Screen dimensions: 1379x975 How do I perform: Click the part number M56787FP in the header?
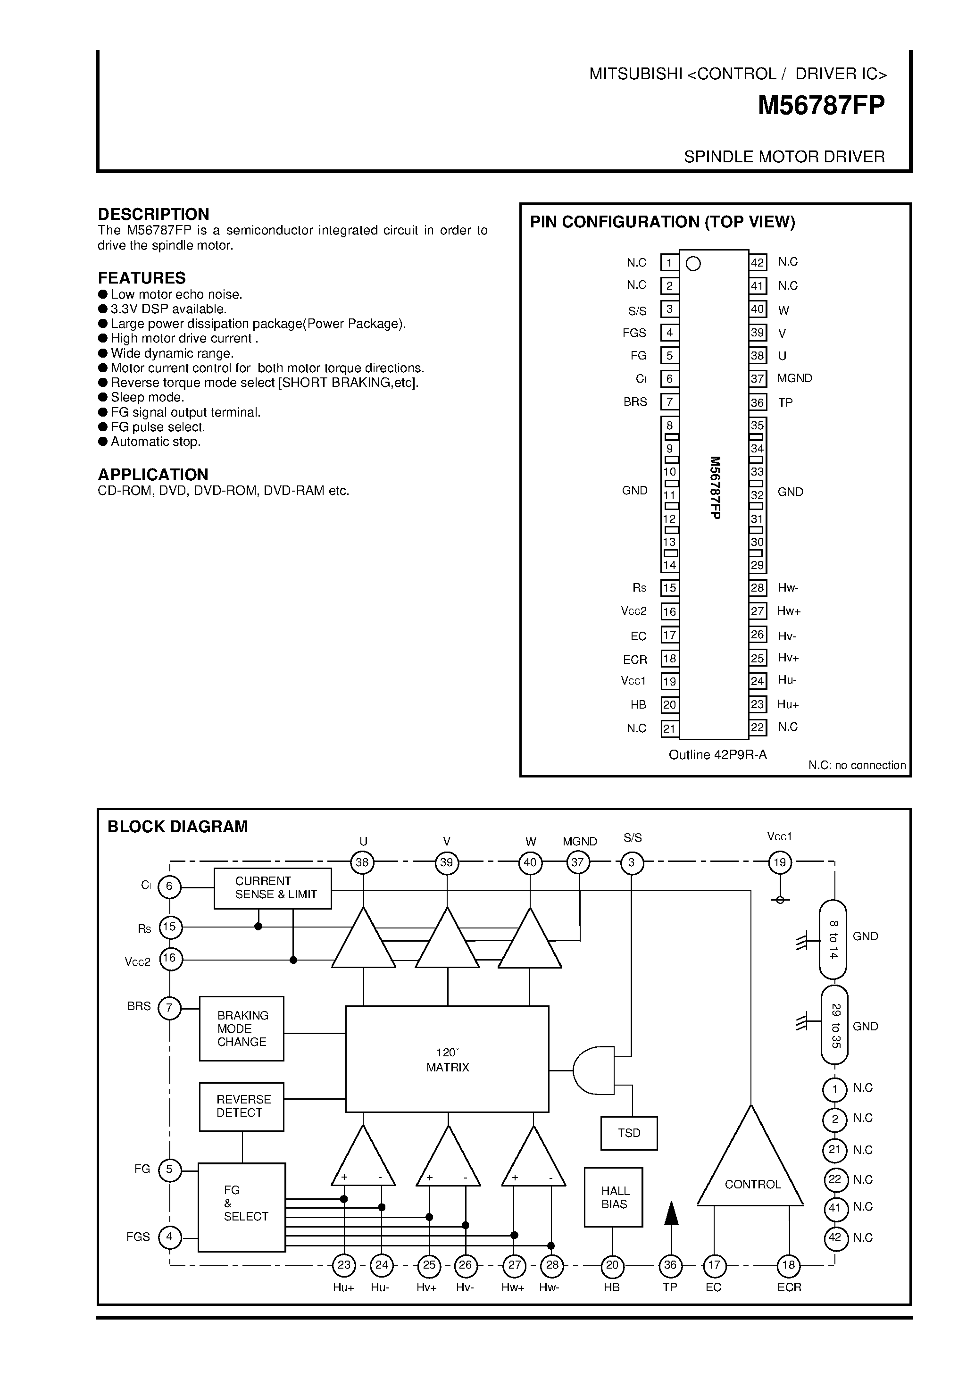click(x=820, y=106)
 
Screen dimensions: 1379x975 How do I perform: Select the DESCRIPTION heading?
click(x=153, y=214)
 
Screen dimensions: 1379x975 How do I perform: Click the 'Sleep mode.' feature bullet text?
click(x=147, y=398)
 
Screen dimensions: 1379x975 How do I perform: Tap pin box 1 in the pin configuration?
click(x=669, y=262)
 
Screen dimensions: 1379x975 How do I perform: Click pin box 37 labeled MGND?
click(x=757, y=379)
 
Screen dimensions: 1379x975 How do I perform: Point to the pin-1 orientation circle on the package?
click(x=693, y=264)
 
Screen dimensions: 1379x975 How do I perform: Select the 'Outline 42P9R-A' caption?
click(x=717, y=755)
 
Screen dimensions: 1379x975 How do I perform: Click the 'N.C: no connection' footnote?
click(x=856, y=765)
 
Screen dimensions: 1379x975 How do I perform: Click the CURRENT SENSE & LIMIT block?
click(x=273, y=888)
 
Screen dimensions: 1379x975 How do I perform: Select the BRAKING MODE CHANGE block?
click(x=242, y=1029)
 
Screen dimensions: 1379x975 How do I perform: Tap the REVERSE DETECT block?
click(x=242, y=1106)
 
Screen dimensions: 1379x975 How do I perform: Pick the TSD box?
click(x=629, y=1133)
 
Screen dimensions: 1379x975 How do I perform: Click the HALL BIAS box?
click(x=613, y=1197)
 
